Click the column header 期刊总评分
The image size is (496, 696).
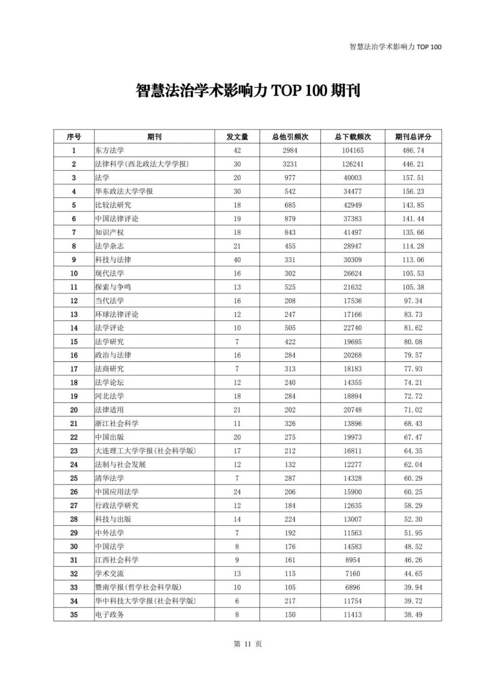click(x=413, y=137)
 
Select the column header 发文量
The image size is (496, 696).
click(x=237, y=137)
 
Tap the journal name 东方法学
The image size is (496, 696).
click(x=110, y=150)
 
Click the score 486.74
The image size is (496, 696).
click(x=413, y=150)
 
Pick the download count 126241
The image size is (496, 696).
click(x=353, y=164)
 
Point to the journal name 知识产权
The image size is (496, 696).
click(x=110, y=232)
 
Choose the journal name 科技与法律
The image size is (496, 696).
click(x=113, y=259)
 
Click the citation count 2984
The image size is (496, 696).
click(x=290, y=150)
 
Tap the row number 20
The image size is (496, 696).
click(x=74, y=410)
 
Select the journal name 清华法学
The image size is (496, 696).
click(x=110, y=478)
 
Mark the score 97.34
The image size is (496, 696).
click(x=413, y=301)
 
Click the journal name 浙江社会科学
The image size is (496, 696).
click(x=117, y=423)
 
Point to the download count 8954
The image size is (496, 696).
click(x=353, y=560)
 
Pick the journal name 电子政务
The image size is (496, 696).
click(x=110, y=615)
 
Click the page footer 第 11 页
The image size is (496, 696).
click(x=248, y=644)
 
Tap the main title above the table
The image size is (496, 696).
click(x=248, y=91)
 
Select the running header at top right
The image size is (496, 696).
click(x=395, y=47)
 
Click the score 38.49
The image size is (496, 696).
click(x=413, y=615)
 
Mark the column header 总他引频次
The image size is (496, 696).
click(x=290, y=137)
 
